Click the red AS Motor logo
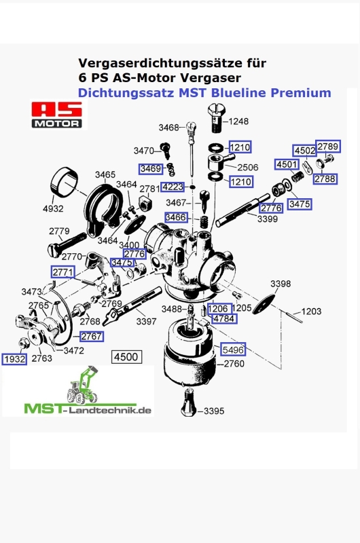pyautogui.click(x=58, y=115)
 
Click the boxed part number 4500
pyautogui.click(x=125, y=356)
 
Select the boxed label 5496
pyautogui.click(x=231, y=350)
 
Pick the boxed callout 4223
pyautogui.click(x=172, y=187)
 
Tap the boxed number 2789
pyautogui.click(x=328, y=147)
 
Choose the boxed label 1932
pyautogui.click(x=14, y=358)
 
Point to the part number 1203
pyautogui.click(x=311, y=312)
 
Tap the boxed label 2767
pyautogui.click(x=92, y=337)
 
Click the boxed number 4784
pyautogui.click(x=224, y=318)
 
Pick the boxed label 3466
pyautogui.click(x=175, y=217)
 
